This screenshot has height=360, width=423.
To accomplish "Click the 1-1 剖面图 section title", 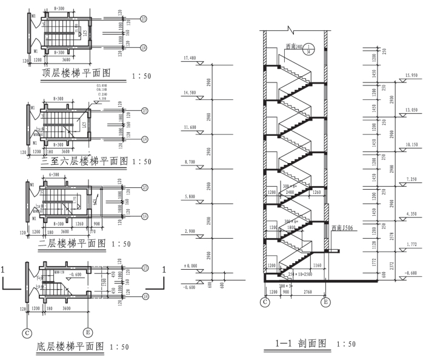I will [x=302, y=344].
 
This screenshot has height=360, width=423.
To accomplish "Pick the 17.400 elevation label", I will [x=189, y=58].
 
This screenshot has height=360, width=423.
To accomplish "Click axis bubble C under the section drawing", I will [x=265, y=301].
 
